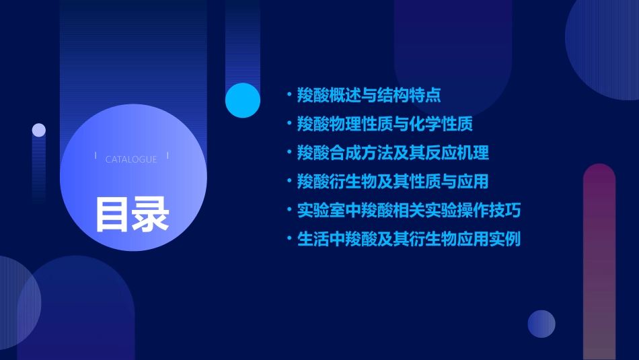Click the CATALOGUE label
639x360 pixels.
[x=131, y=159]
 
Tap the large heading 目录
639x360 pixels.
[x=132, y=214]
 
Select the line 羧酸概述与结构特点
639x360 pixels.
[x=369, y=95]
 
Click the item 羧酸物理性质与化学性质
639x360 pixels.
[x=385, y=124]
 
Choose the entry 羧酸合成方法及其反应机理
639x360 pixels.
[x=393, y=153]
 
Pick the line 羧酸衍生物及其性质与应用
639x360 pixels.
[x=393, y=182]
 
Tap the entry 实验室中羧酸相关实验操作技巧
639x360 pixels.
[x=409, y=210]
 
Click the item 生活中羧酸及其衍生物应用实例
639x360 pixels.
[x=409, y=239]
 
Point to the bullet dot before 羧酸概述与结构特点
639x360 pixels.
[x=289, y=95]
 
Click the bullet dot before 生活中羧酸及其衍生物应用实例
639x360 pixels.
[x=289, y=239]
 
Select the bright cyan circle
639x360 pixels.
[x=243, y=100]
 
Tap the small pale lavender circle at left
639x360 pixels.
[x=39, y=130]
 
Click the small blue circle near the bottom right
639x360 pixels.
[x=541, y=324]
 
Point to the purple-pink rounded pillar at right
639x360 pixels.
[x=599, y=262]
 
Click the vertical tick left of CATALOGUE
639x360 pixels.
[x=96, y=156]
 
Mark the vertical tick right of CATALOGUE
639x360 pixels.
[x=167, y=156]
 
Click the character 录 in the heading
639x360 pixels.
[x=151, y=214]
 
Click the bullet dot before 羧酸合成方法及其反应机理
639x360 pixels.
[x=289, y=153]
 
